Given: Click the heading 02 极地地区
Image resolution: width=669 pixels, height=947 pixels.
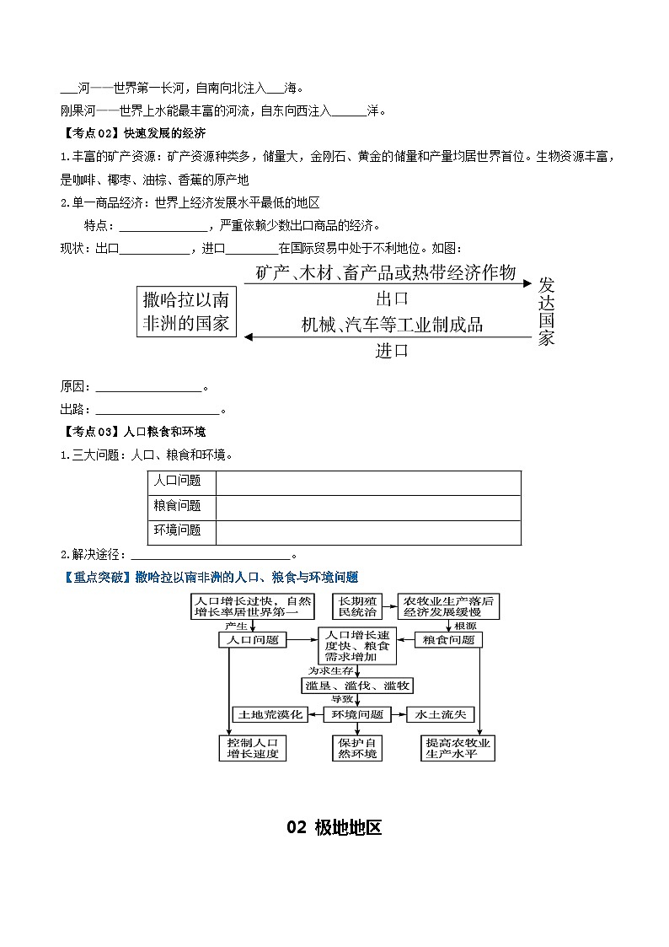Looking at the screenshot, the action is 334,827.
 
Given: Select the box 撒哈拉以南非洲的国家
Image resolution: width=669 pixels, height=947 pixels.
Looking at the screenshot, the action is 186,311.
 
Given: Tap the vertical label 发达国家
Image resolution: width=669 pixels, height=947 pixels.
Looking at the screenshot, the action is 547,311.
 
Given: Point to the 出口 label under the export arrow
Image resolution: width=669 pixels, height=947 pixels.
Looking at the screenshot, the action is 392,298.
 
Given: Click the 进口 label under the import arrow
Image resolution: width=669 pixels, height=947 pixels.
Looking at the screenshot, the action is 392,351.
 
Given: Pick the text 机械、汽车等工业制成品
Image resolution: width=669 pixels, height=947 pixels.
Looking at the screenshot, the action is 392,325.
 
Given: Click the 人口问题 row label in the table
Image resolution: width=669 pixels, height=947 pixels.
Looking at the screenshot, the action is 178,481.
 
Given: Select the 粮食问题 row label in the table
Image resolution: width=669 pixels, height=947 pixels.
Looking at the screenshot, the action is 178,506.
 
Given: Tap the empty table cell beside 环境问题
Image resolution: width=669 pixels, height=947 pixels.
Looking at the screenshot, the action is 368,531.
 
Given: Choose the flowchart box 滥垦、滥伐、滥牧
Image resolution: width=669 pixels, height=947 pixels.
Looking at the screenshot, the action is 357,686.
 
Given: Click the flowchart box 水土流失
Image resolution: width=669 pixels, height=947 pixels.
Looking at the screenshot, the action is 440,714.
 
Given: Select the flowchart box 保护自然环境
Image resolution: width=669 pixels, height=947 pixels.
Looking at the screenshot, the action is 357,748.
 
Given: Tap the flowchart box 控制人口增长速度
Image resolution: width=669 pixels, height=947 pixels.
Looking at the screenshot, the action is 252,748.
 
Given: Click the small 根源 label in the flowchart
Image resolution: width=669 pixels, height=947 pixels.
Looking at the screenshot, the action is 465,627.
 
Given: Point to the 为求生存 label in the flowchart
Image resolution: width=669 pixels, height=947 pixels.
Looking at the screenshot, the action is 325,671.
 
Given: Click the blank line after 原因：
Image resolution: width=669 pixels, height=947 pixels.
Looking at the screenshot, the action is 149,387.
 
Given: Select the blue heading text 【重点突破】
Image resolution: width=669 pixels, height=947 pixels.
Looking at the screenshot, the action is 97,577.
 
